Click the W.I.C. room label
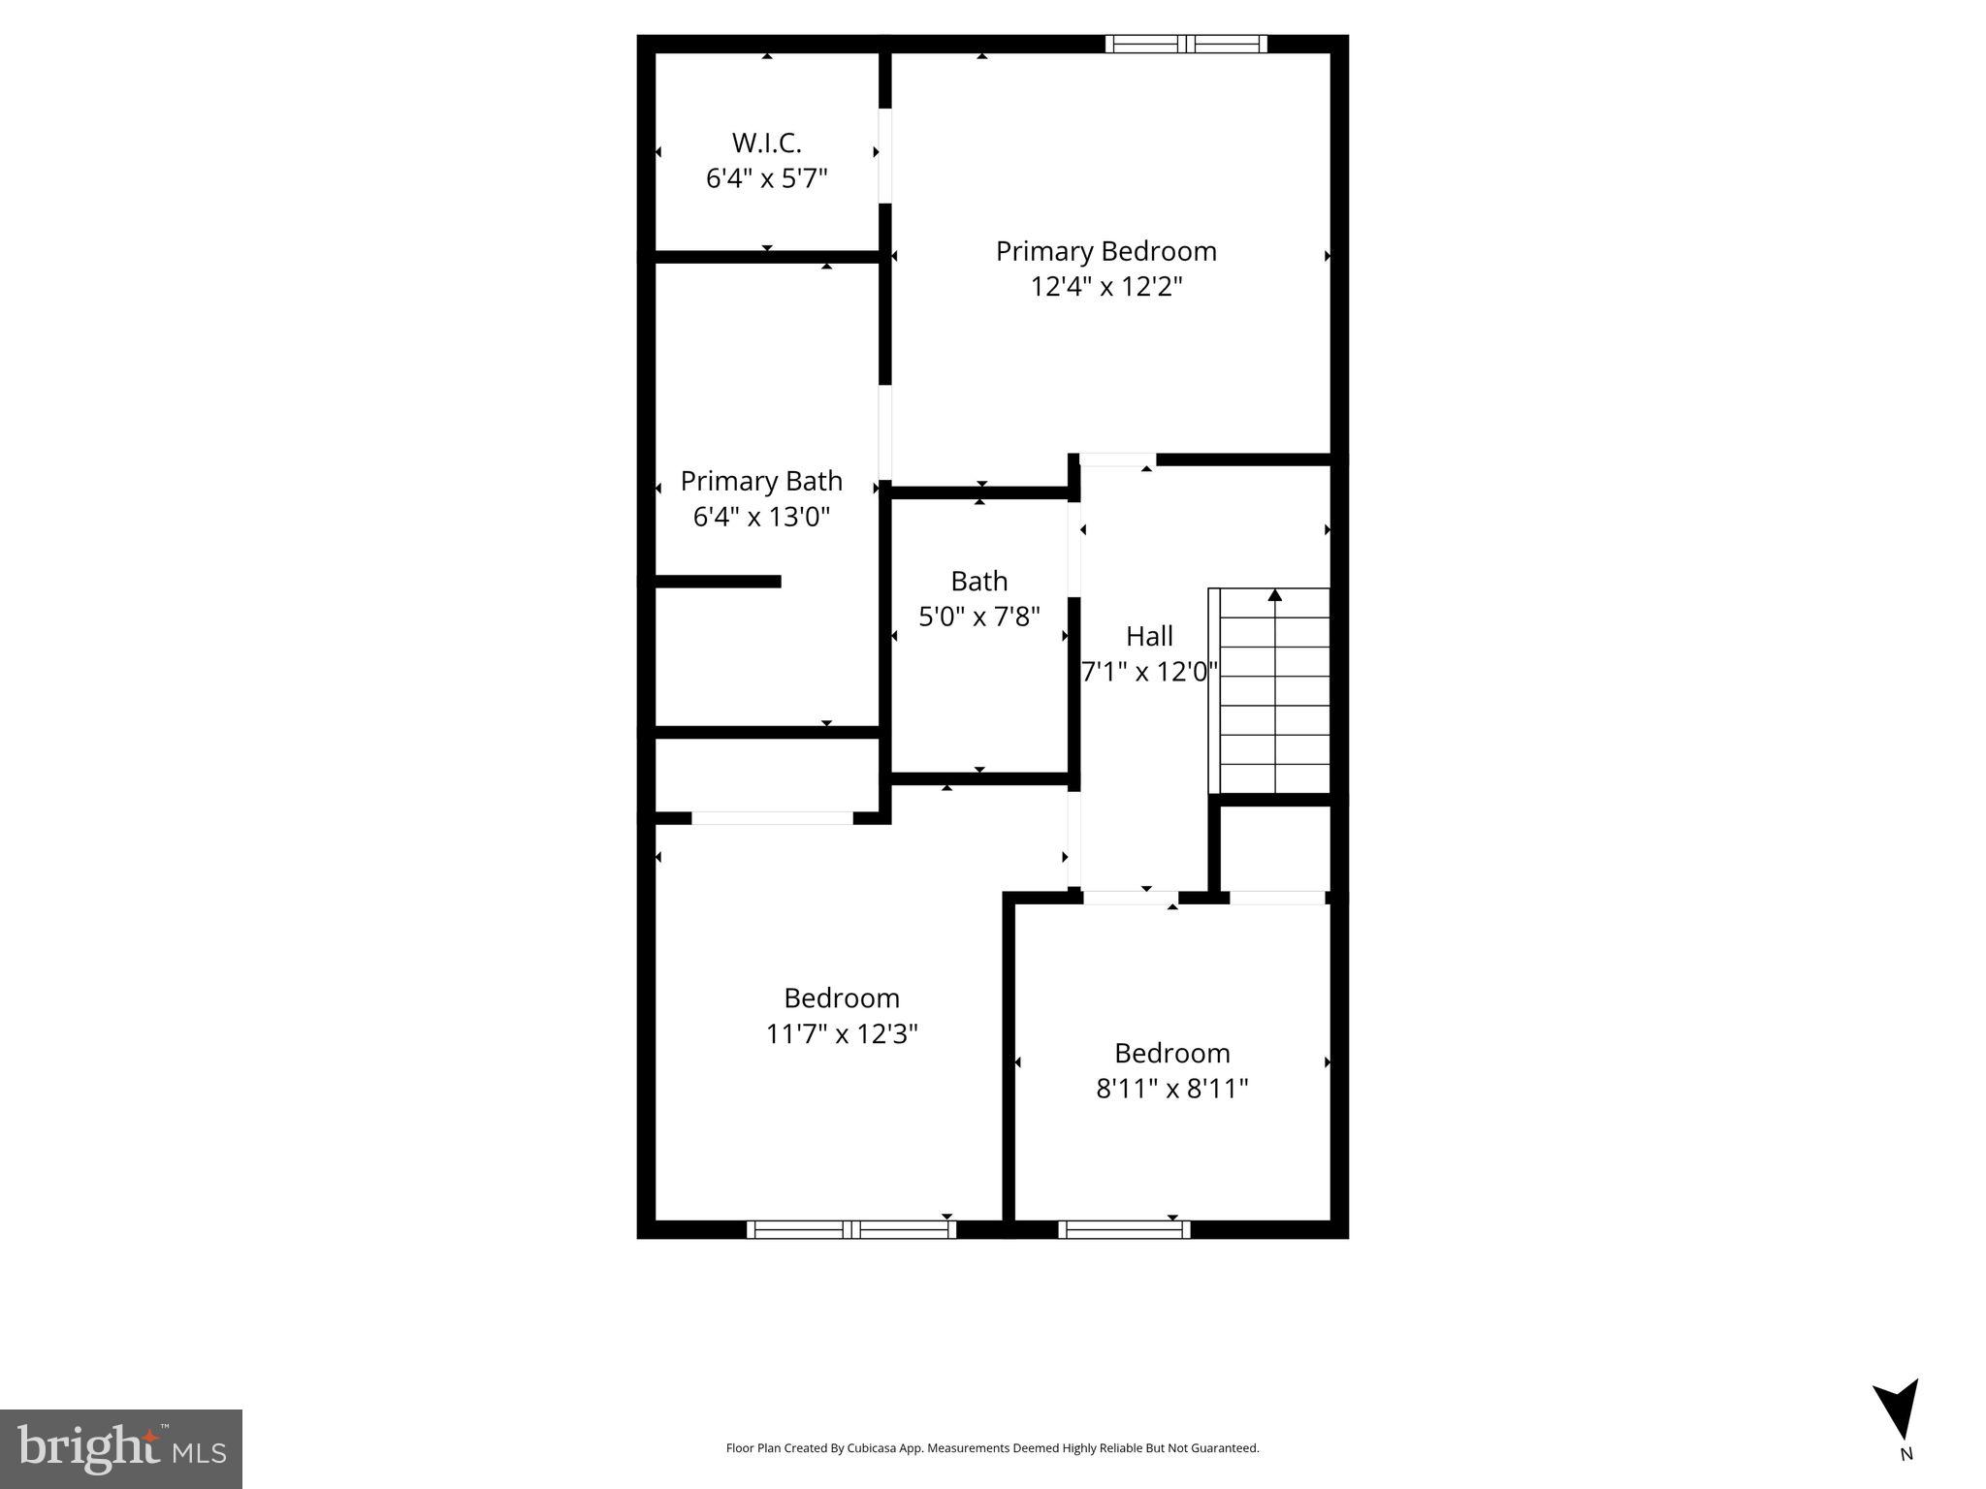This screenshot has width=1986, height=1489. tap(766, 143)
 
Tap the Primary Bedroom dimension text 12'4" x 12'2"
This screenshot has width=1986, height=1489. tap(1105, 287)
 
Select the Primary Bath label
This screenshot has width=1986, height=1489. tap(761, 481)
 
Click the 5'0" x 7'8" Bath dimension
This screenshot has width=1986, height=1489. tap(978, 617)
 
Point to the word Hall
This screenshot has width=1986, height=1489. tap(1149, 636)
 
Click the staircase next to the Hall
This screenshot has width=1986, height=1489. tap(1272, 690)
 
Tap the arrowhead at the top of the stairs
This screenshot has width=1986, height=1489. tap(1274, 595)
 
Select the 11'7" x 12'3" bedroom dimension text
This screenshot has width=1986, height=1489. tap(841, 1034)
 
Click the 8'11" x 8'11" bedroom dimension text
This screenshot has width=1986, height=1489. tap(1171, 1089)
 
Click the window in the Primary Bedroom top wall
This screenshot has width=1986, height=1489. tap(1186, 44)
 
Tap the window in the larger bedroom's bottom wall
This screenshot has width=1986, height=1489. tap(850, 1229)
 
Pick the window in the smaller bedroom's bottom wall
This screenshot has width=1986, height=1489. tap(1124, 1229)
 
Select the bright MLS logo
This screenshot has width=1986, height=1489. tap(120, 1448)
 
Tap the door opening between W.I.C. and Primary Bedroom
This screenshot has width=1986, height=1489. tap(884, 155)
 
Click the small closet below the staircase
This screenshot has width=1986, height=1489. tap(1274, 847)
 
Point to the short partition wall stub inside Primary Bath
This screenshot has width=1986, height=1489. tap(718, 582)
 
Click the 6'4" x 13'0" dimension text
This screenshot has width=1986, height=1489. tap(761, 517)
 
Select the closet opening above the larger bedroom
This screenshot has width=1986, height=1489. tap(772, 818)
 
